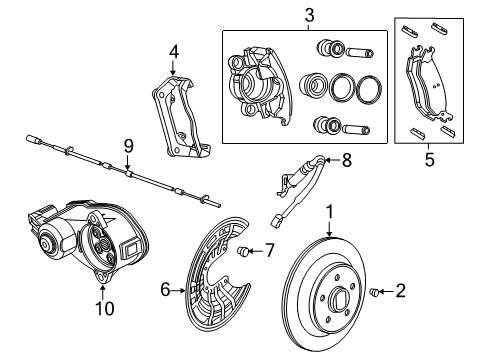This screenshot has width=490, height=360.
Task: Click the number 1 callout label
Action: click(x=326, y=212)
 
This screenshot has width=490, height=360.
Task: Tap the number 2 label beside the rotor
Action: click(x=400, y=292)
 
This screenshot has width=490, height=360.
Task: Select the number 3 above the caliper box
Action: click(x=310, y=16)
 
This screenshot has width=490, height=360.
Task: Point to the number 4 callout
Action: click(x=173, y=50)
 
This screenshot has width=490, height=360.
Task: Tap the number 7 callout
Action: click(x=267, y=250)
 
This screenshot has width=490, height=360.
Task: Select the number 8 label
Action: click(x=347, y=158)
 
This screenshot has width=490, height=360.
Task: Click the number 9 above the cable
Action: click(x=128, y=146)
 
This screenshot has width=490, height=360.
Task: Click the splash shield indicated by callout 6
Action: click(x=214, y=290)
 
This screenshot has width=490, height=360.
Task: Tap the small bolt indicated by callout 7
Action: click(x=245, y=251)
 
